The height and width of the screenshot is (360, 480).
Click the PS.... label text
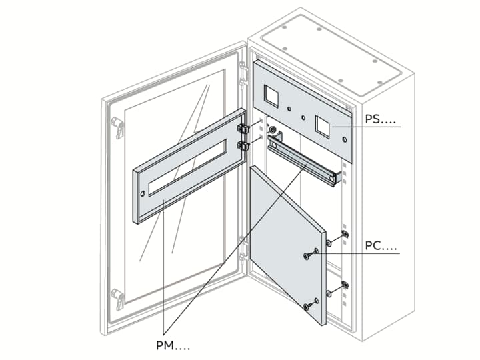click(x=381, y=120)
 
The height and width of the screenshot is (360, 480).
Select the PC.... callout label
click(x=381, y=247)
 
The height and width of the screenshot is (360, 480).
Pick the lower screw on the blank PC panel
click(x=307, y=305)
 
